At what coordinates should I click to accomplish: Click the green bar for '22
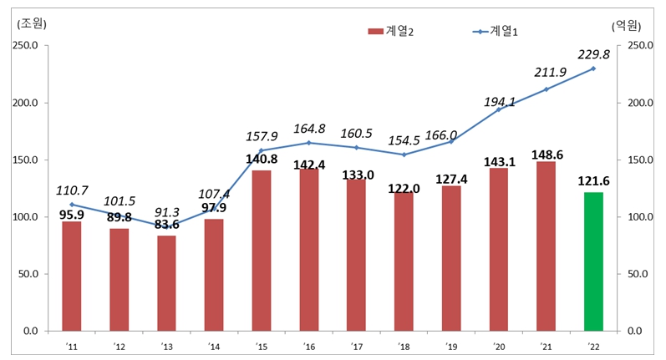[x=593, y=261]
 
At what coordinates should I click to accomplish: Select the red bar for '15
[x=262, y=251]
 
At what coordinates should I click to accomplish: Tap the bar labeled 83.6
[x=166, y=283]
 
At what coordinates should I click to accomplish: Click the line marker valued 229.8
[x=593, y=68]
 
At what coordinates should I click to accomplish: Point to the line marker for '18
[x=404, y=155]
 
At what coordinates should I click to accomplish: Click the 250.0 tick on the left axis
[x=24, y=46]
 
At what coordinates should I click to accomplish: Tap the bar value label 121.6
[x=593, y=181]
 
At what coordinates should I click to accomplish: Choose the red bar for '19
[x=451, y=258]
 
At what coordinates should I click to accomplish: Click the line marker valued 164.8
[x=309, y=143]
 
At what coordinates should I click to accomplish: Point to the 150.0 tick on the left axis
[x=24, y=160]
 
